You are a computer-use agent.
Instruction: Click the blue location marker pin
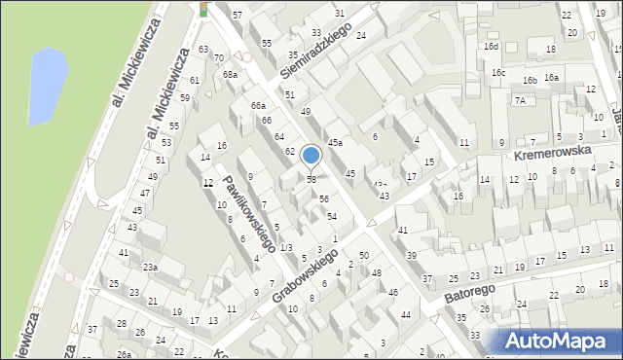pos(311,156)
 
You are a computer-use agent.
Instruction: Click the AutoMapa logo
pos(561,341)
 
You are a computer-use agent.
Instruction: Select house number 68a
pos(230,74)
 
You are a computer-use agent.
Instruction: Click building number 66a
pos(258,105)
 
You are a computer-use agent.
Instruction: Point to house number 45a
pos(335,143)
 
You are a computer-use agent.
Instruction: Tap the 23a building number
pos(150,267)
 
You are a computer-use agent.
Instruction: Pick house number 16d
pos(493,46)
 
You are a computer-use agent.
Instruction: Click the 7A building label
pos(521,100)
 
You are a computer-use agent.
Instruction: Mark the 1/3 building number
pos(285,247)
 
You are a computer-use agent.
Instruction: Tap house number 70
pos(219,58)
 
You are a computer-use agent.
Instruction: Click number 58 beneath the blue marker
pos(311,179)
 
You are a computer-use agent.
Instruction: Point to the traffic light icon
pos(203,9)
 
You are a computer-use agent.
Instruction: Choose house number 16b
pos(530,80)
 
